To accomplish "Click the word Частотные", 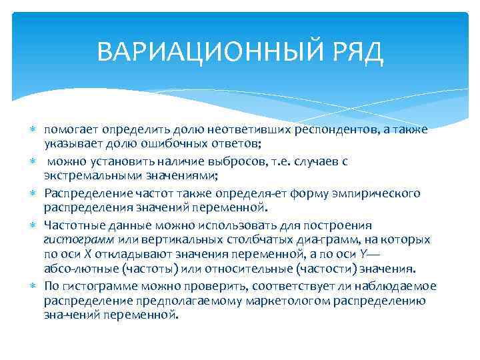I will (x=71, y=225).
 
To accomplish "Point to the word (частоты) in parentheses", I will (x=152, y=269).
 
